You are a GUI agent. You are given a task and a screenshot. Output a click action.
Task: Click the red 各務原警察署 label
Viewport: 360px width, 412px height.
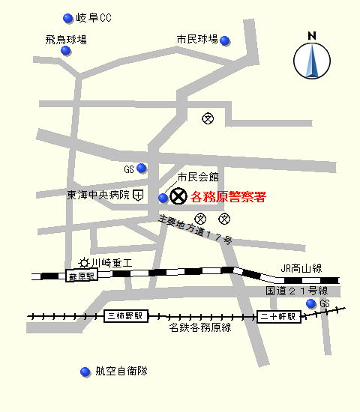point(228,198)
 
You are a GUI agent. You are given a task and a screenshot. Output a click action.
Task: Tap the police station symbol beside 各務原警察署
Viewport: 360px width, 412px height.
point(178,197)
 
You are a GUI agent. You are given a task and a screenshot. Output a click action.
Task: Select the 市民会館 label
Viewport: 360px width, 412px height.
point(197,178)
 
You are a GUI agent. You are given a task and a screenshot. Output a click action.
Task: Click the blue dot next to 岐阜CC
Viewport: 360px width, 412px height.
point(68,18)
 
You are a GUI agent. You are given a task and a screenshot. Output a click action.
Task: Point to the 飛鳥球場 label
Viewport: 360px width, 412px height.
point(65,39)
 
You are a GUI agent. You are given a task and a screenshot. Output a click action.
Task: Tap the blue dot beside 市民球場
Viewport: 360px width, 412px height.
point(225,40)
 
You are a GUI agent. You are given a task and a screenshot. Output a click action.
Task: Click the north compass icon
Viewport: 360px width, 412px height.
point(312,57)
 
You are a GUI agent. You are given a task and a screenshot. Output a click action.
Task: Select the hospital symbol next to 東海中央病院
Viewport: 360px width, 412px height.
point(139,196)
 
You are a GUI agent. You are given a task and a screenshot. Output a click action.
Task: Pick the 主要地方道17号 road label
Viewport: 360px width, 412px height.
point(196,230)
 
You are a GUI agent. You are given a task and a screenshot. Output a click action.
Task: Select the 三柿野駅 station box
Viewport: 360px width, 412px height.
point(127,316)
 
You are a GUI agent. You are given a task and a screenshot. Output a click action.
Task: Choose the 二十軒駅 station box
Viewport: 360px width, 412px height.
point(280,316)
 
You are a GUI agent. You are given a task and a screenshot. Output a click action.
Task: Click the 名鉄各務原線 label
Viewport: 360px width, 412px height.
point(200,327)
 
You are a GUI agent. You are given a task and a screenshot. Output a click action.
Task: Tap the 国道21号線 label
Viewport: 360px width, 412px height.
point(297,290)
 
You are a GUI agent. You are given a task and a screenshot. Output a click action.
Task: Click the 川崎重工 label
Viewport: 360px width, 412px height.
point(112,263)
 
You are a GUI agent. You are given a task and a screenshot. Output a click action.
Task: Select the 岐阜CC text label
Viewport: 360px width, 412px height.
point(94,18)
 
